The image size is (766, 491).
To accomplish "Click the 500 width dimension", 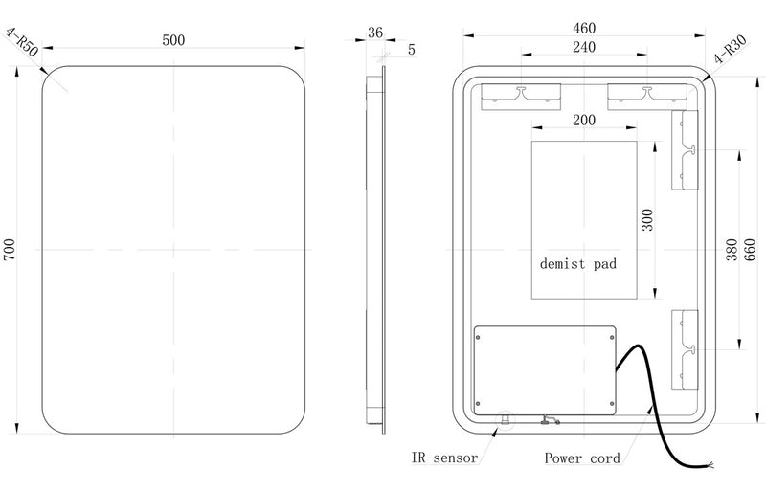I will click(173, 39).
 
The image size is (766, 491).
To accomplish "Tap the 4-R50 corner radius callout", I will click(22, 45).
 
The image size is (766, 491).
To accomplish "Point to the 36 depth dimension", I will click(374, 32).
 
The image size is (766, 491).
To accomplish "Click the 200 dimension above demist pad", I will click(583, 121).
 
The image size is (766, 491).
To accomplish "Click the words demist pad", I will click(577, 261).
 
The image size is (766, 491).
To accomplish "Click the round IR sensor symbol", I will click(505, 418).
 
